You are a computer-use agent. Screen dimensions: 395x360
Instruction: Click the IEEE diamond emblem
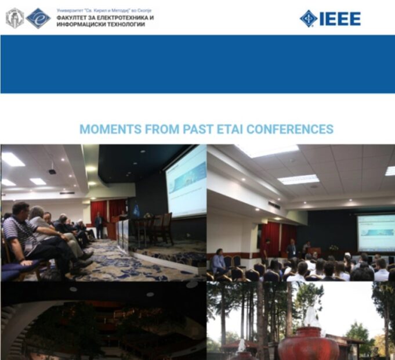point(309,19)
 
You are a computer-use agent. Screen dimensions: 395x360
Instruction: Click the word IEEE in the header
point(340,19)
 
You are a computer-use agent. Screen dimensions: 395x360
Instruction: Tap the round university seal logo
point(15,18)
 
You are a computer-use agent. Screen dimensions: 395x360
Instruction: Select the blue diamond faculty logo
point(38,18)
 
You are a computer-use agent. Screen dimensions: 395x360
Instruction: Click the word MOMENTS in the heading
point(110,129)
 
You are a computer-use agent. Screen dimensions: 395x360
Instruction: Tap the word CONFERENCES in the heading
point(290,129)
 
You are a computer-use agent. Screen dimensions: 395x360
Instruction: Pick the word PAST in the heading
point(198,129)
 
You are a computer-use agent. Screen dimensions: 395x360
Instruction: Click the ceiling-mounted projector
point(52,172)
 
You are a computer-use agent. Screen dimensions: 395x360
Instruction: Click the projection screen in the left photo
point(187,182)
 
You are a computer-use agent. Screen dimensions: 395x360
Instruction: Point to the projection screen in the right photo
point(376,233)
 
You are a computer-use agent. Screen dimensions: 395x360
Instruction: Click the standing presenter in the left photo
point(99,225)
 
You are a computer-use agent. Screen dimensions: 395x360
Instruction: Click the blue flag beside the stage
point(136,210)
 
